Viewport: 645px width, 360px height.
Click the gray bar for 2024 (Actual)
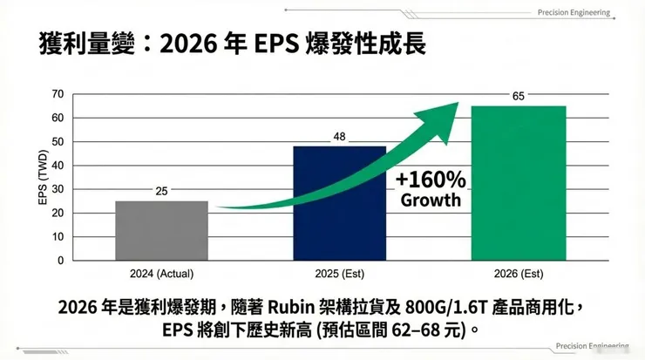161,230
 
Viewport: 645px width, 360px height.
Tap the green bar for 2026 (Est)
518,182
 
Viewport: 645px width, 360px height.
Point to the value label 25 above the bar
161,192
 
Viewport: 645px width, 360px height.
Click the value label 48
340,137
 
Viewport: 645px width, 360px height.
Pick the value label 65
518,96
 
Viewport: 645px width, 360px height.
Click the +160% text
431,179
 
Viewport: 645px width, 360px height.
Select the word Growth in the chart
431,200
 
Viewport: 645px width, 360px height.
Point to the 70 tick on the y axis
58,94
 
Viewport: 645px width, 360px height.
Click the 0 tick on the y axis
61,261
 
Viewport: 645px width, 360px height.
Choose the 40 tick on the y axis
58,166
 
